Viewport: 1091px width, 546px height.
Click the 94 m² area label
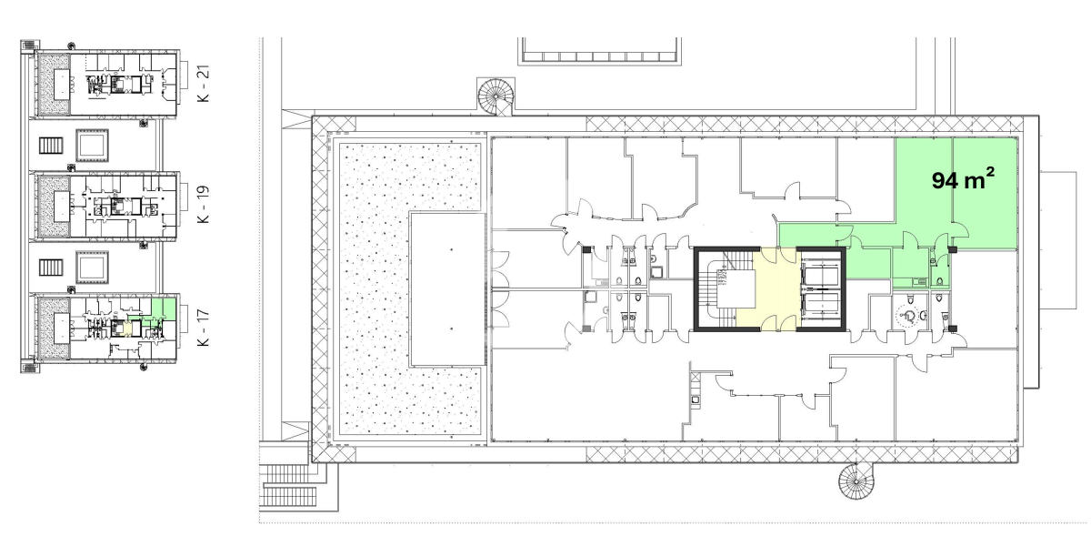(963, 179)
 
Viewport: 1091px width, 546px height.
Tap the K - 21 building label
(204, 84)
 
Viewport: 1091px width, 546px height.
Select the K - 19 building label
(204, 204)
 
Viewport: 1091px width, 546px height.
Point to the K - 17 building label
(204, 328)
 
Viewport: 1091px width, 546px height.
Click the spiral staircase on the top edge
(495, 96)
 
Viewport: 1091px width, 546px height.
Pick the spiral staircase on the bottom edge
(856, 480)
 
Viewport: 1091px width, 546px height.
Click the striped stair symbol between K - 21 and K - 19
(51, 146)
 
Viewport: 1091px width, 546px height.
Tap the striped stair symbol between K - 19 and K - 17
(51, 268)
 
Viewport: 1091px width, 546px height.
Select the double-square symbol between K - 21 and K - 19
(92, 146)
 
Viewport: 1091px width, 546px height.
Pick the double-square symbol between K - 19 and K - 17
(92, 268)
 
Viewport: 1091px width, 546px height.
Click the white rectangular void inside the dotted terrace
(447, 289)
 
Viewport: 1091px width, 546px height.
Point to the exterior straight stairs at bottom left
(291, 486)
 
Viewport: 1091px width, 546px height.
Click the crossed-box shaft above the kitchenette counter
(695, 377)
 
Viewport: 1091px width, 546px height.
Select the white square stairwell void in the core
(736, 289)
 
